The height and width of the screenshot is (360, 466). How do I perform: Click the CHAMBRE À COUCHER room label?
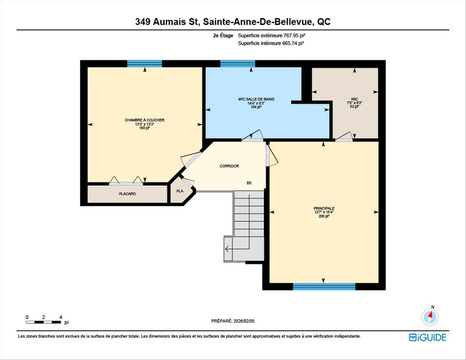coord(144,120)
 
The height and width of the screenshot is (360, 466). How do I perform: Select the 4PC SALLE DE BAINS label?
coord(256,99)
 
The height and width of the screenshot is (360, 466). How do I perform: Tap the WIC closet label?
coord(354,99)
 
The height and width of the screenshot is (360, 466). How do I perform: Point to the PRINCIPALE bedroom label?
coord(324,208)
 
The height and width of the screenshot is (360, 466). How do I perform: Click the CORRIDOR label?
coord(229,166)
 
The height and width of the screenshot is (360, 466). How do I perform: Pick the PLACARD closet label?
coord(127,194)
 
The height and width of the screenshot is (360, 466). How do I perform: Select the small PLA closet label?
coord(180,191)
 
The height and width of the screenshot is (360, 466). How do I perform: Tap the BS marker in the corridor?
coord(249,183)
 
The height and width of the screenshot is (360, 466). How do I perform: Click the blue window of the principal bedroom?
coord(324,287)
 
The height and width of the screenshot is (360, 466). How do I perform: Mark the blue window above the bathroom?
coord(237,64)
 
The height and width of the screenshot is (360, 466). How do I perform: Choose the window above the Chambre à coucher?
coord(145,64)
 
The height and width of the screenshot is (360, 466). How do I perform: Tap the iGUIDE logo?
coord(427,337)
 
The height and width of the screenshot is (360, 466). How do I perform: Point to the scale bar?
coord(44,322)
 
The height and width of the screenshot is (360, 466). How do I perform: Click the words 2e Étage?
coord(223,35)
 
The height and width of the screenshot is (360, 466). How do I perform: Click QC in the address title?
coord(324,22)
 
